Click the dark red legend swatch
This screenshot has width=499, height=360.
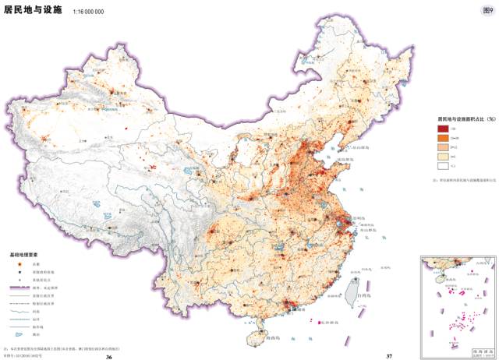(x=442, y=129)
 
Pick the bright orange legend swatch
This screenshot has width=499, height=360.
(x=442, y=138)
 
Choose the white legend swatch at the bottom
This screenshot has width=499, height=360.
(x=442, y=165)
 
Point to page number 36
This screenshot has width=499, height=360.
(x=110, y=356)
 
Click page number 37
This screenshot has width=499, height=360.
(x=388, y=356)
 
